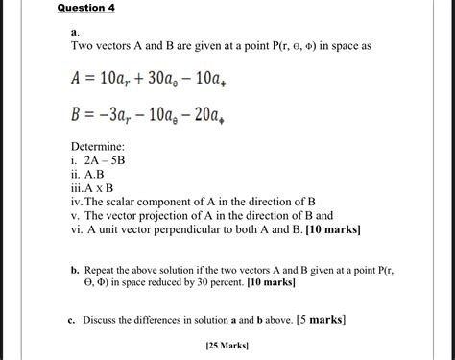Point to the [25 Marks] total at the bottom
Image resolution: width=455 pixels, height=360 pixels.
coord(227,347)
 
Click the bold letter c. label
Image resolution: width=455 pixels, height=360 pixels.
coord(73,319)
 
